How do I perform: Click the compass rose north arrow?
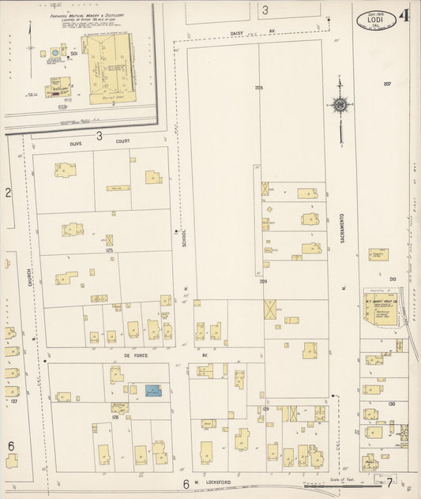[x=340, y=103]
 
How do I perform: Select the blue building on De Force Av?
[x=151, y=391]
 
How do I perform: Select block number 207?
[x=387, y=84]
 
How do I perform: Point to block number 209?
[x=261, y=281]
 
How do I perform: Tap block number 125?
[x=109, y=250]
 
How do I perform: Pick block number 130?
[x=391, y=403]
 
